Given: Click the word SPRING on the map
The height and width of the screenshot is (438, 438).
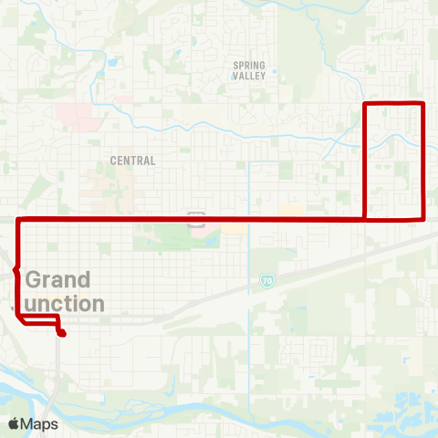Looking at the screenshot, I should pos(249,65).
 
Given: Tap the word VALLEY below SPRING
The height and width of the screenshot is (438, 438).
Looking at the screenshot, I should pos(249,77).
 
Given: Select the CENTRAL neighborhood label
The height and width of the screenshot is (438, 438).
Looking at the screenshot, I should pos(132,161).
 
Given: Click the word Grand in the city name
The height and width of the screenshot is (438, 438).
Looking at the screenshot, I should pos(58,279).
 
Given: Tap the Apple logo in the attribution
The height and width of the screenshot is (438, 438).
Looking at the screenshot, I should pos(14,423).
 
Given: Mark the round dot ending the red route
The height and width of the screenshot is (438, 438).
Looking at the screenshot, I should pos(61,334).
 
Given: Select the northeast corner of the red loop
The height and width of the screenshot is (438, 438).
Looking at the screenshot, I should pos(423,104).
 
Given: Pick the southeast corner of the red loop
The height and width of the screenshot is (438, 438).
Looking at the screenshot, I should pos(423,218).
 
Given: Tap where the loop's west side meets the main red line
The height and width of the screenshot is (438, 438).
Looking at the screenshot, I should pos(365,219).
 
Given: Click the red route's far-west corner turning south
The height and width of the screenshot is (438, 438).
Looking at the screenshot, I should pos(18,220).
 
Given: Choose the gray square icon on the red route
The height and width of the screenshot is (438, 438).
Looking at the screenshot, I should pos(194,219).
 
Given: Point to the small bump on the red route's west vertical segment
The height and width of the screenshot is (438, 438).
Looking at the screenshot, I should pos(16,269).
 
